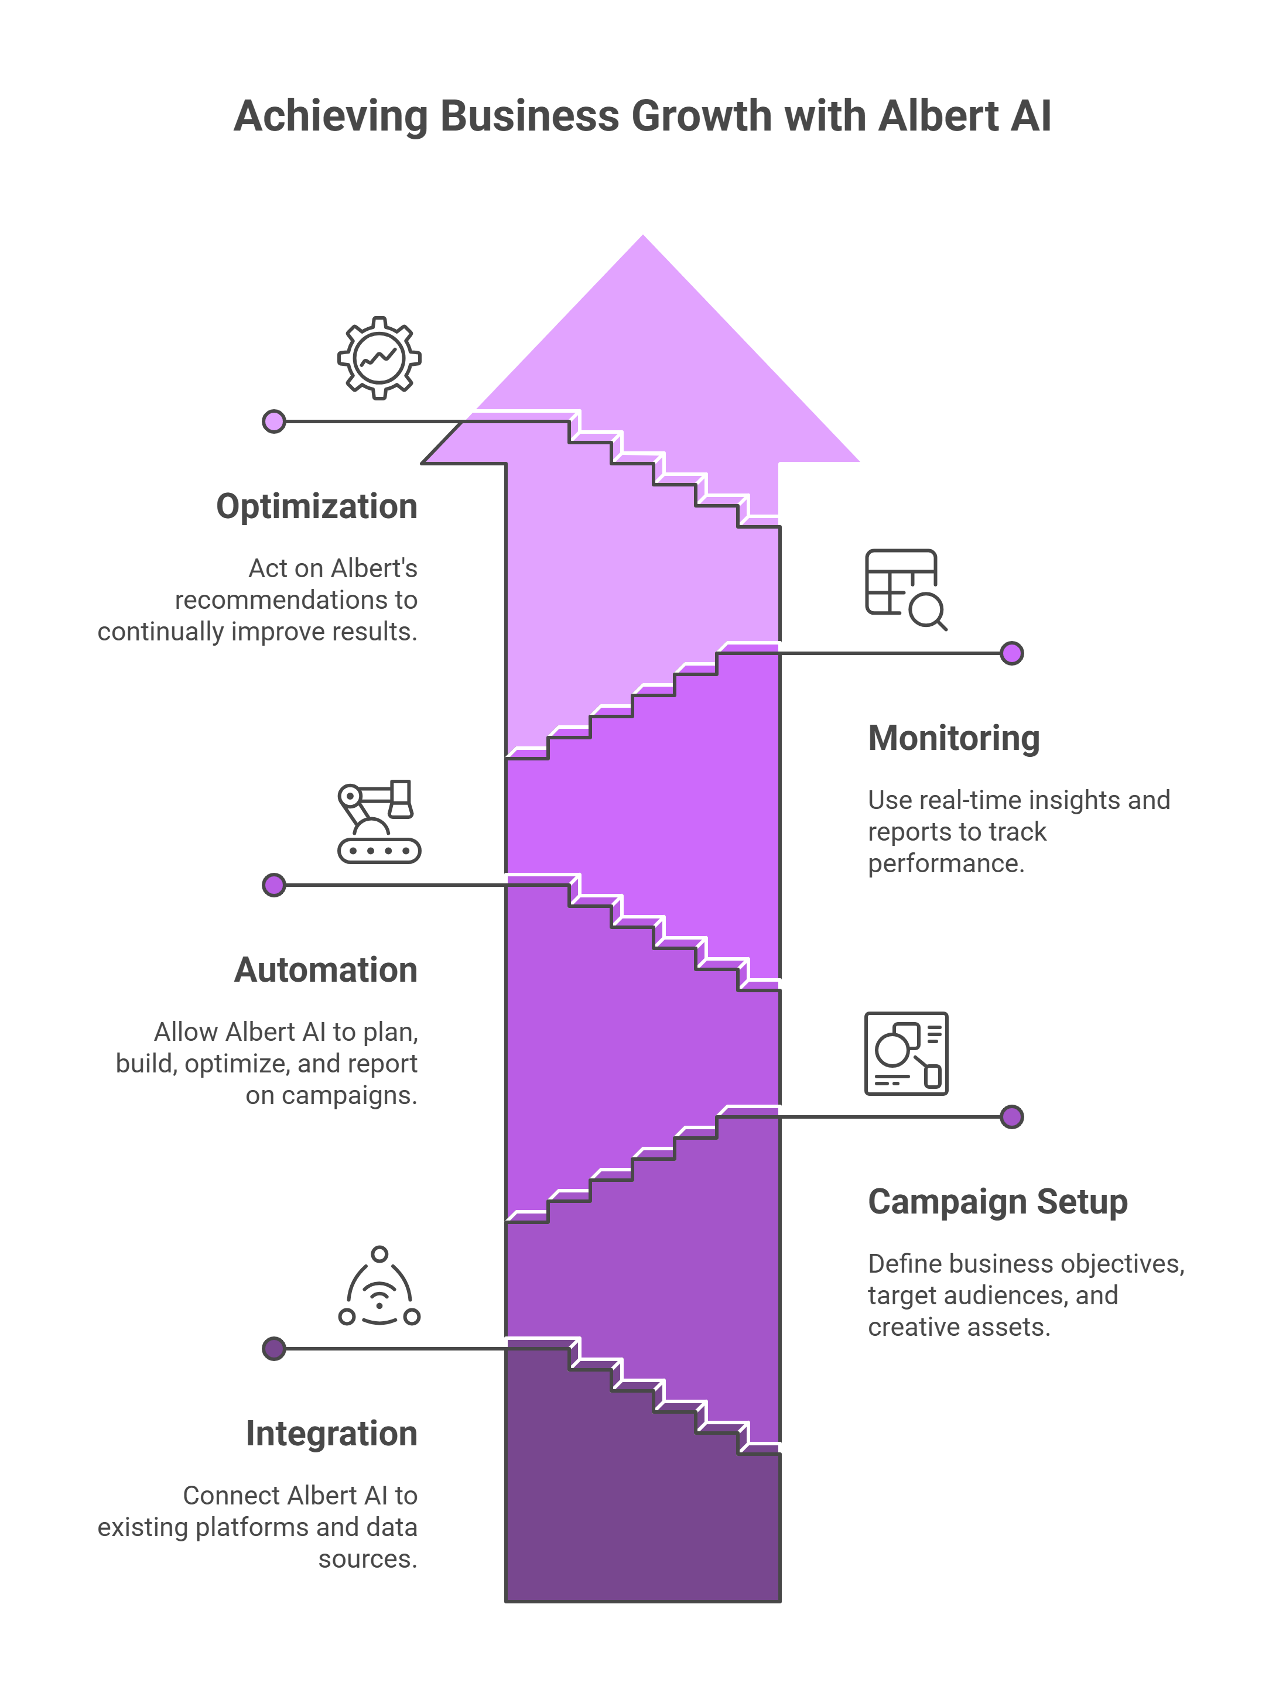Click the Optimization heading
point(316,506)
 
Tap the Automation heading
point(326,970)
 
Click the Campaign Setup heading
point(997,1202)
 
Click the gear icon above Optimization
point(379,358)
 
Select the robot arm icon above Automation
point(379,821)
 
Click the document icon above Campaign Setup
point(906,1053)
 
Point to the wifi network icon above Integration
point(379,1287)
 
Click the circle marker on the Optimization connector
point(274,421)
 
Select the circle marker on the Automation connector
point(274,885)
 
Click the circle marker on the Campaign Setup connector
point(1011,1117)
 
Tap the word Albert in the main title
point(938,116)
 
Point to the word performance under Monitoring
point(946,863)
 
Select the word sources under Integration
point(367,1559)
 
